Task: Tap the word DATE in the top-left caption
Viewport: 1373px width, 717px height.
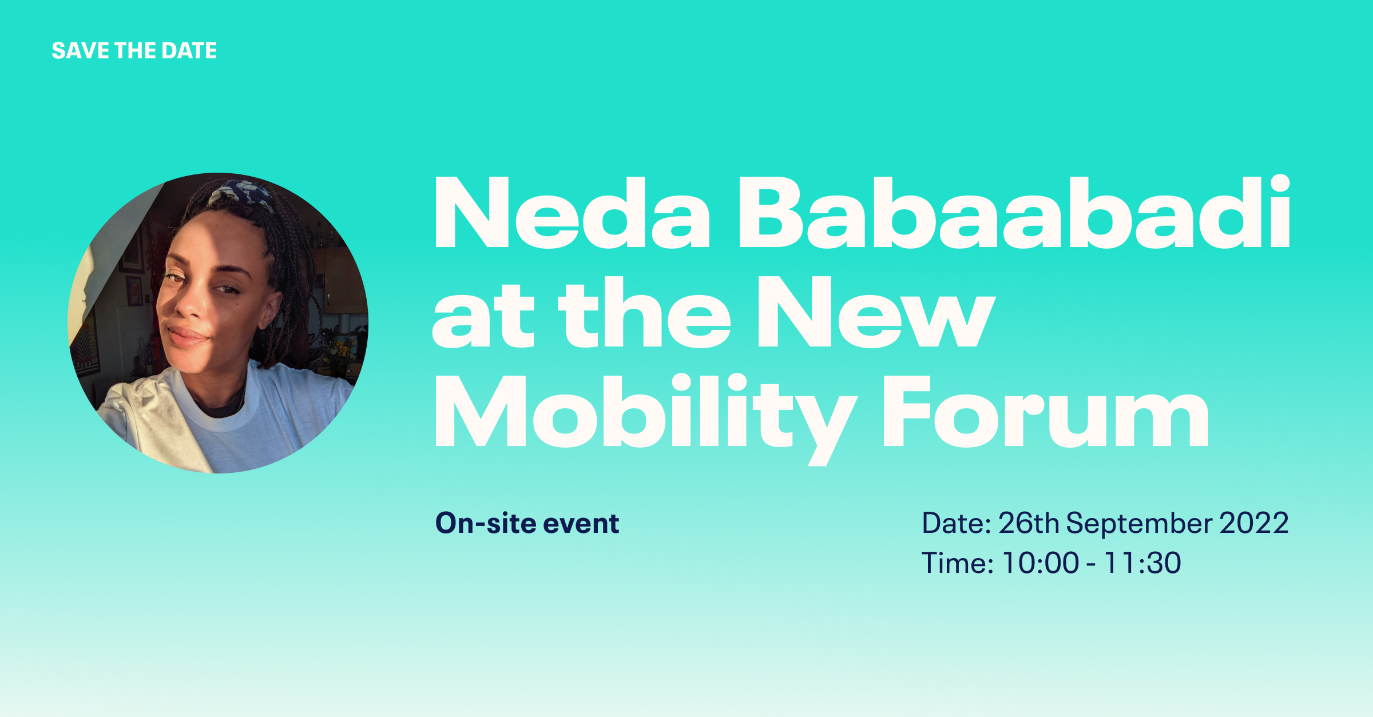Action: [x=189, y=51]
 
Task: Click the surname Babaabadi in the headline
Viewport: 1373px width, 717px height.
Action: [x=1014, y=212]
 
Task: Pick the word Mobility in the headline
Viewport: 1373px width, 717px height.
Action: [x=646, y=419]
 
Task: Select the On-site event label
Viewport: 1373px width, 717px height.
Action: [x=527, y=523]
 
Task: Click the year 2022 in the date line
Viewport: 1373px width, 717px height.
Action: [x=1254, y=523]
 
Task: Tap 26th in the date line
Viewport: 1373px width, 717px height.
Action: [x=1029, y=523]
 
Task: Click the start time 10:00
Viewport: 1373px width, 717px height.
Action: [x=1041, y=563]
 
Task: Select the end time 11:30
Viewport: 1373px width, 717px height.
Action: [x=1142, y=563]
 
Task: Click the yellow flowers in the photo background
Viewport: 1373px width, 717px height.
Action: [x=342, y=349]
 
